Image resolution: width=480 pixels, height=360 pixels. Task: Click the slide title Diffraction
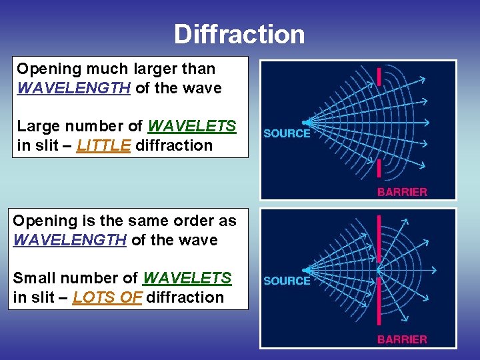point(239,34)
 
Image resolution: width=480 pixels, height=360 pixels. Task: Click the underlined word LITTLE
point(104,145)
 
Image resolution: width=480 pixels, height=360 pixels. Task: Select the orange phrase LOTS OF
point(107,297)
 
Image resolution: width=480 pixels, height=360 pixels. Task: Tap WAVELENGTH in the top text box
point(73,88)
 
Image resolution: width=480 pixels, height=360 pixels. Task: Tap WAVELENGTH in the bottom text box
point(69,240)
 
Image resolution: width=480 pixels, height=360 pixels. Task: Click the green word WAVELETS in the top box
point(192,126)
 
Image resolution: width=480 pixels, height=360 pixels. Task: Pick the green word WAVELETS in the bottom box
point(187,278)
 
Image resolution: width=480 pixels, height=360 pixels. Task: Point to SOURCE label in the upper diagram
point(287,133)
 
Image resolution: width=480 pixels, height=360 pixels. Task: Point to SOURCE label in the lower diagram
point(287,281)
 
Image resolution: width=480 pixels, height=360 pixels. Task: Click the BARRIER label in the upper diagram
point(402,191)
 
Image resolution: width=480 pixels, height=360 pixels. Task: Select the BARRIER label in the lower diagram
point(402,339)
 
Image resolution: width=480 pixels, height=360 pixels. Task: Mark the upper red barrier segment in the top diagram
point(379,76)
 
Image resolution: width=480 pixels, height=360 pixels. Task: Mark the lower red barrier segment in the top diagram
point(379,169)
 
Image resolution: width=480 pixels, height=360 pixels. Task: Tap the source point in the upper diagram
point(305,123)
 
